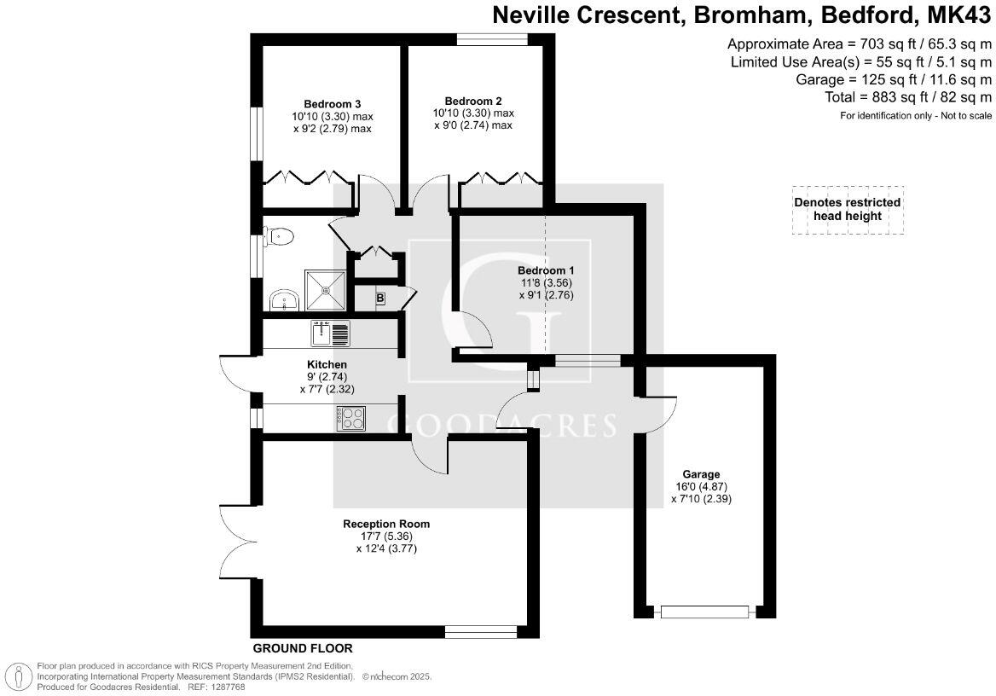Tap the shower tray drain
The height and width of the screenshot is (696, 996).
tap(326, 290)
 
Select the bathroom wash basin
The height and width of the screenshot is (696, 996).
tap(284, 300)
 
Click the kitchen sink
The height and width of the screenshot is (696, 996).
tap(330, 333)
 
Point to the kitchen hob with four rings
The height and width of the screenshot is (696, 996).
tap(351, 418)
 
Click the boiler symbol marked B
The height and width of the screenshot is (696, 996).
tap(379, 299)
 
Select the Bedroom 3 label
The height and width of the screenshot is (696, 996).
tap(333, 104)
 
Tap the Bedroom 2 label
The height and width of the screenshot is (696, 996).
tap(473, 101)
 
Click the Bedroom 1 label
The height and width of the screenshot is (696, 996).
tap(547, 270)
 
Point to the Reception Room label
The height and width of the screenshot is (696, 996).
tap(386, 525)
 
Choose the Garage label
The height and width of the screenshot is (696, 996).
tap(701, 474)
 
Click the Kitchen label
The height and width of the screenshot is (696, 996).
tap(327, 365)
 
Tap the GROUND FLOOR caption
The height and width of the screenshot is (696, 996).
tap(303, 649)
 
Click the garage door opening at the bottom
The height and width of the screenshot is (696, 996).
tap(705, 612)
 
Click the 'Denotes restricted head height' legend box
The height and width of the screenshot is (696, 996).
tap(848, 210)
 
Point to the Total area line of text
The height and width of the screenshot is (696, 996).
tap(907, 97)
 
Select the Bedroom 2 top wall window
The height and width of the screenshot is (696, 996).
tap(492, 40)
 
